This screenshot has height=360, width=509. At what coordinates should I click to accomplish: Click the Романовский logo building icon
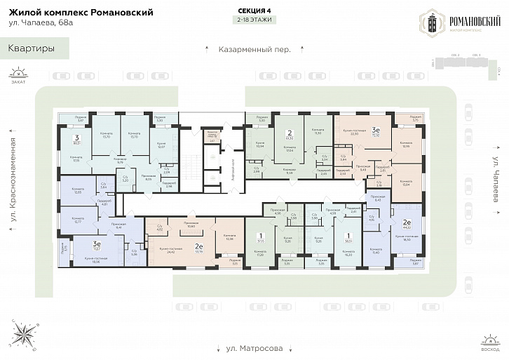pyautogui.click(x=432, y=23)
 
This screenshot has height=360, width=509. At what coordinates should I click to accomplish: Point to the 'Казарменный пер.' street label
pyautogui.click(x=254, y=50)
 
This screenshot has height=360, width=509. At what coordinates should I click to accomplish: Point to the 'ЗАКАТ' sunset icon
pyautogui.click(x=18, y=74)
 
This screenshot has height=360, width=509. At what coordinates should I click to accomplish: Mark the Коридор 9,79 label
pyautogui.click(x=121, y=161)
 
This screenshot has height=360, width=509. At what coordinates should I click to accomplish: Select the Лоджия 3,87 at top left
pyautogui.click(x=81, y=119)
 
